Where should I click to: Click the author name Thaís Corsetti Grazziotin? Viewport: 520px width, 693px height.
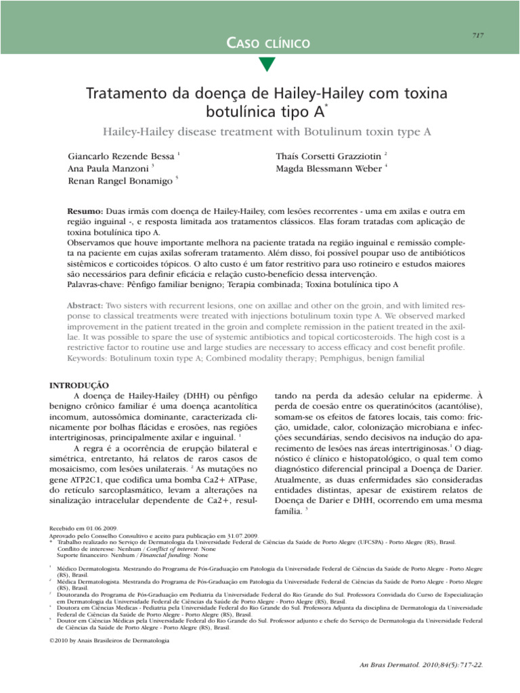pyautogui.click(x=328, y=156)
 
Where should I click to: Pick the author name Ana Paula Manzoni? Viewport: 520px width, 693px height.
pyautogui.click(x=109, y=169)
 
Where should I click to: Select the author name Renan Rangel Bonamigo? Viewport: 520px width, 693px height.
pyautogui.click(x=120, y=182)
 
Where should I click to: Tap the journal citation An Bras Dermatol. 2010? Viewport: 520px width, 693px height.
pyautogui.click(x=422, y=665)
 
